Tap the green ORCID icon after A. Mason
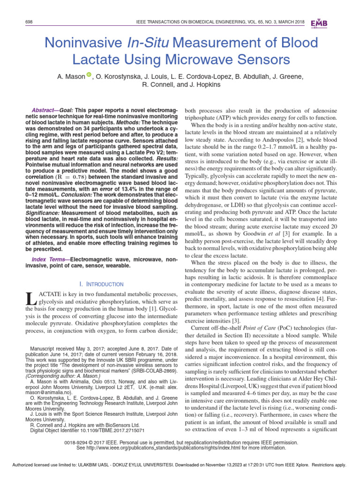click(89, 75)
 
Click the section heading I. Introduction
click(101, 284)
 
